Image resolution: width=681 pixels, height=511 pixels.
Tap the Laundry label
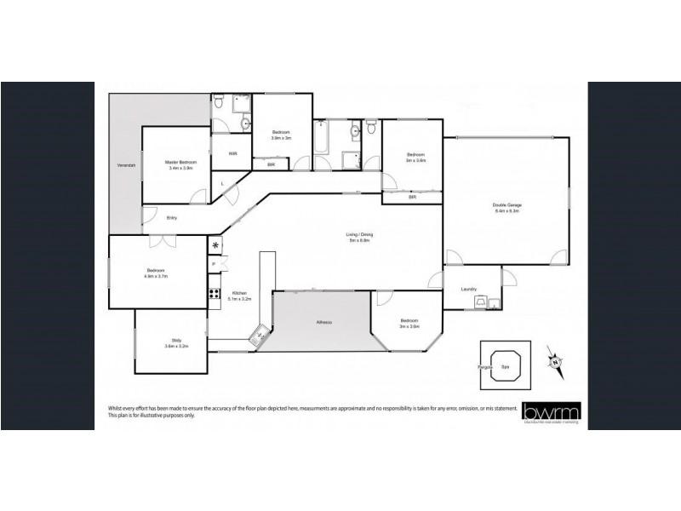(x=468, y=289)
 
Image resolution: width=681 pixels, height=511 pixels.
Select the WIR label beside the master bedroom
(x=232, y=153)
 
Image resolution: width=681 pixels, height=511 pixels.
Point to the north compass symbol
(x=555, y=361)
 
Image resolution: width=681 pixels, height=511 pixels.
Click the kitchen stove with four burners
(x=215, y=296)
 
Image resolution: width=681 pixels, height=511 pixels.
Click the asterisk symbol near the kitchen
(x=215, y=247)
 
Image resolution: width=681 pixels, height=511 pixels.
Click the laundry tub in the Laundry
(x=493, y=301)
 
